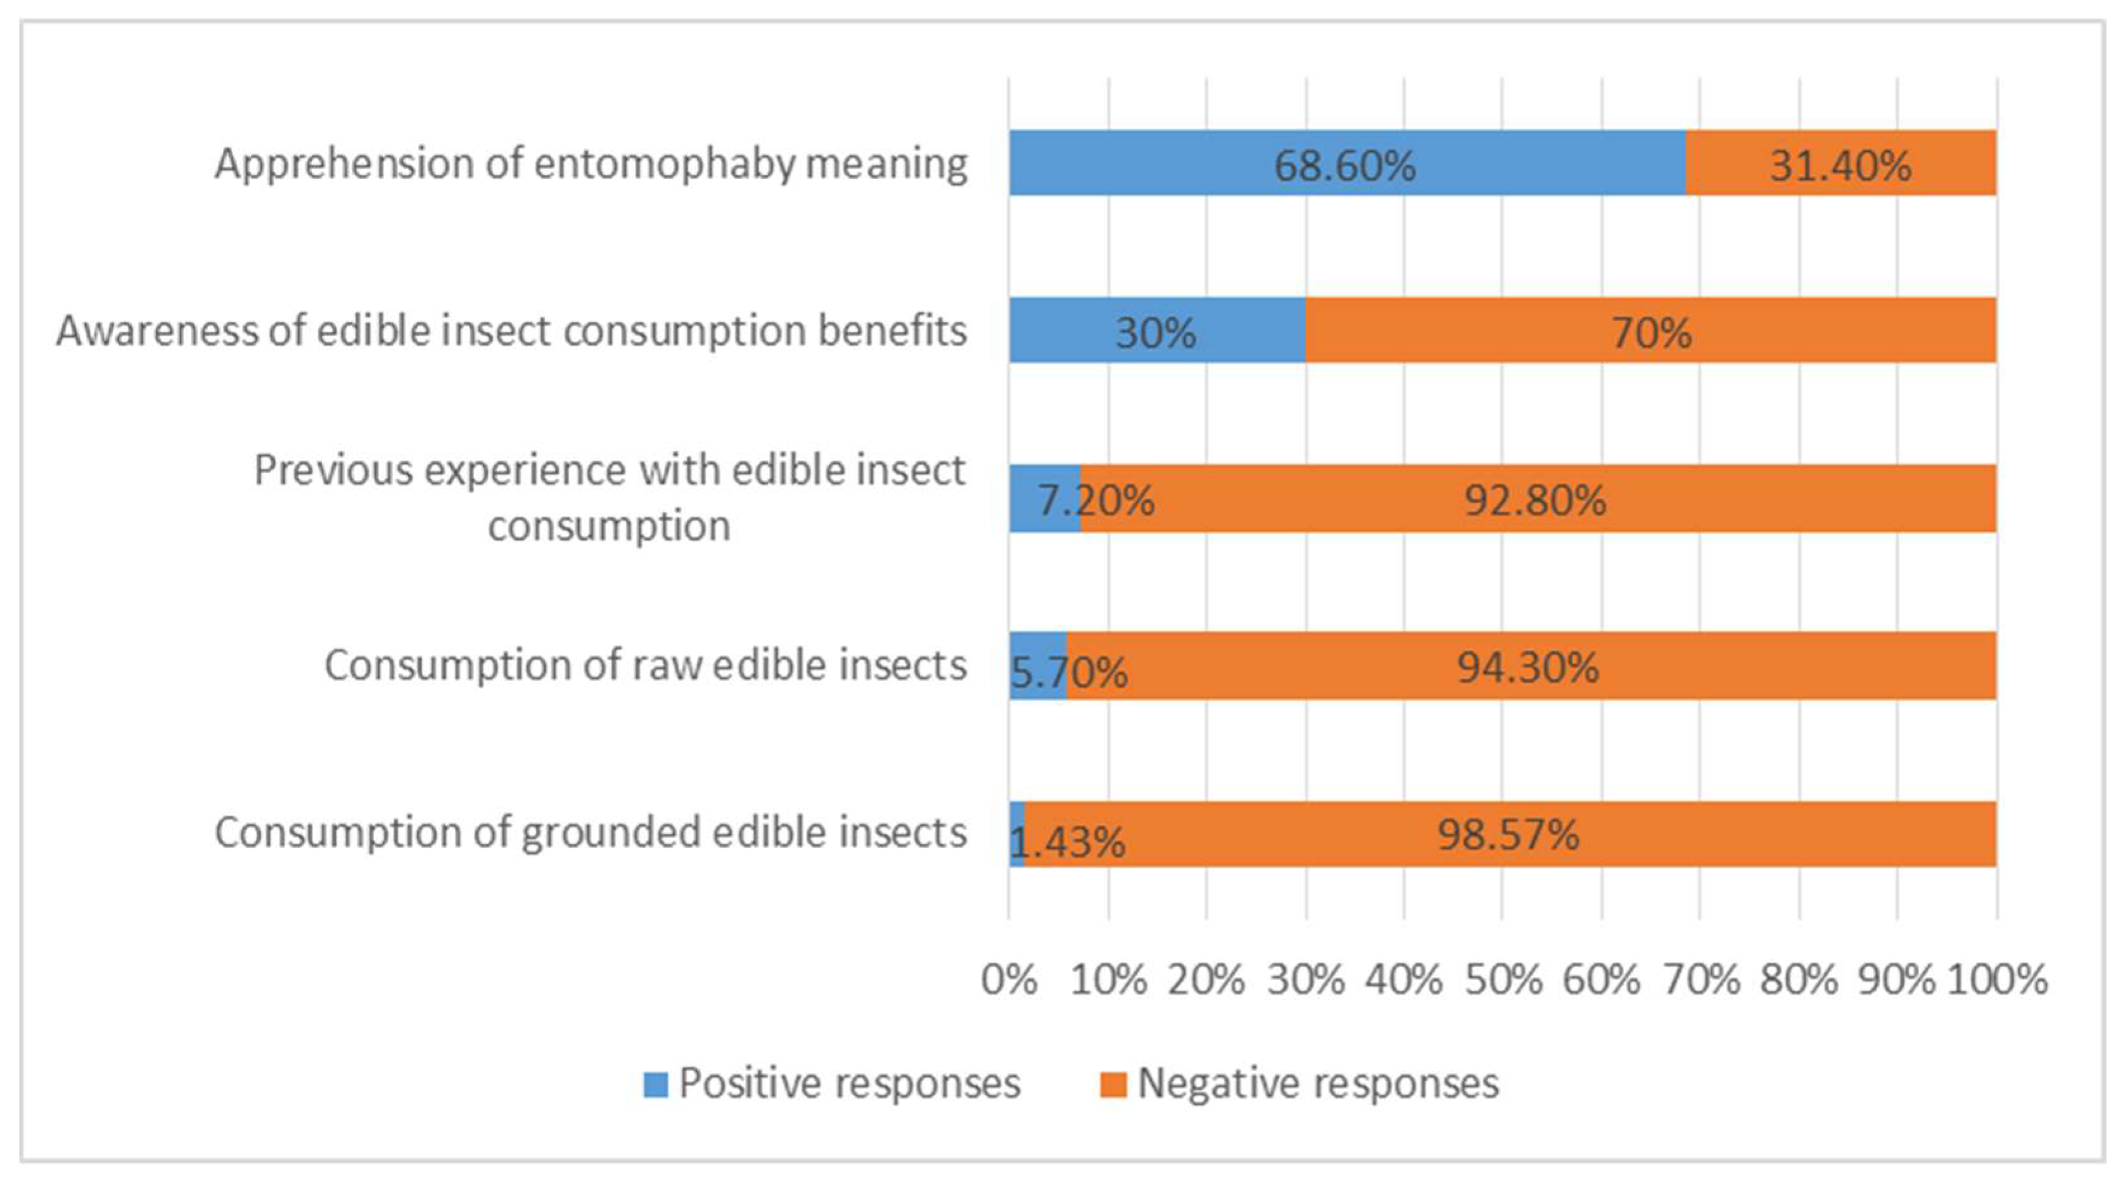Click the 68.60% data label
pyautogui.click(x=1344, y=166)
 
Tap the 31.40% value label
pyautogui.click(x=1841, y=166)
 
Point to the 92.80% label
pyautogui.click(x=1535, y=501)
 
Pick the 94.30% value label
pyautogui.click(x=1528, y=667)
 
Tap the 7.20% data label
pyautogui.click(x=1095, y=501)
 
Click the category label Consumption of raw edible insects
pyautogui.click(x=645, y=665)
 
